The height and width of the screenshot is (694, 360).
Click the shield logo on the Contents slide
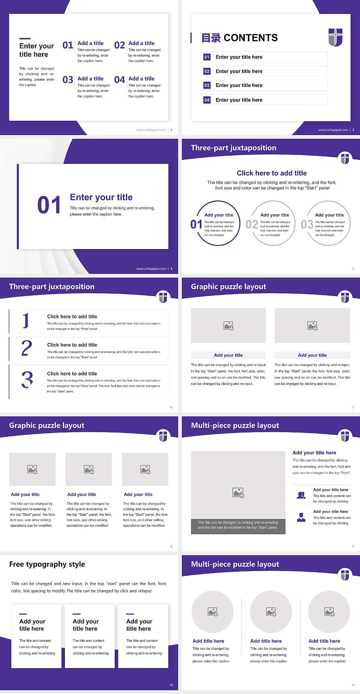(x=335, y=37)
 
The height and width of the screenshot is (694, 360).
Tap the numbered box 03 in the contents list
(x=207, y=86)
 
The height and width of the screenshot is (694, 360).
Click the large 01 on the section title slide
(x=49, y=205)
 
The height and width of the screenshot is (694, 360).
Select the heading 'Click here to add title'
(x=271, y=173)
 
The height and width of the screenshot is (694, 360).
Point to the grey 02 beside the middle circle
(x=252, y=224)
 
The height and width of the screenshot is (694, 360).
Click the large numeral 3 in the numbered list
(x=27, y=380)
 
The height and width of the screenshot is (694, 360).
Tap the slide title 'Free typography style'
(x=47, y=564)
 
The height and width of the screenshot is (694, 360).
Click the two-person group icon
(x=301, y=495)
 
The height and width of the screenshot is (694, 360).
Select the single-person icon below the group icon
(x=301, y=517)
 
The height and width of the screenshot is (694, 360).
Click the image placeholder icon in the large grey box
(x=238, y=493)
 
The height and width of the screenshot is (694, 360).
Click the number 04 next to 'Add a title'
(x=120, y=80)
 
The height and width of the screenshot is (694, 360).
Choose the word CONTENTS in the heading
(x=250, y=38)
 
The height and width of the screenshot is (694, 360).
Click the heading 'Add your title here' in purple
(x=314, y=453)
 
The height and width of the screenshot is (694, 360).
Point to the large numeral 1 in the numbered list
(x=25, y=321)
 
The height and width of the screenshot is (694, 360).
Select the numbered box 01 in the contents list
(x=207, y=57)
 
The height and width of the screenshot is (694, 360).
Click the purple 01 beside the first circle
(x=196, y=224)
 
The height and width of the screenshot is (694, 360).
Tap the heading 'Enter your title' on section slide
(x=101, y=197)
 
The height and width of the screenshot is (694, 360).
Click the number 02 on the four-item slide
(x=120, y=45)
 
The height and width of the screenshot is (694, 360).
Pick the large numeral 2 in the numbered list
(x=27, y=348)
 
